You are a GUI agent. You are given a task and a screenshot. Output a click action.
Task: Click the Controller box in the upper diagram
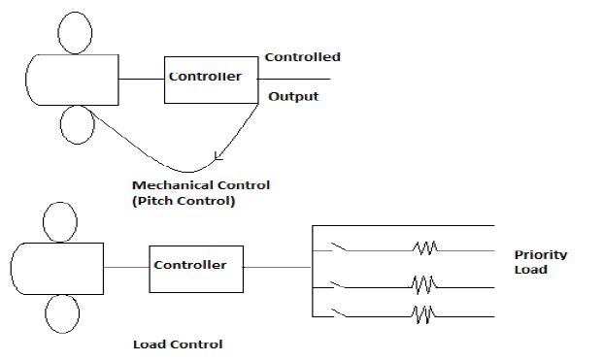[205, 77]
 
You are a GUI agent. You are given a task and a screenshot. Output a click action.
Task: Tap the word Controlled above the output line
[302, 57]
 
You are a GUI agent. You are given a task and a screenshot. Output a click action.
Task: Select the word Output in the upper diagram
[293, 97]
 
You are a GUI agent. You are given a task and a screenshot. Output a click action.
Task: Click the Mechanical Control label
[201, 185]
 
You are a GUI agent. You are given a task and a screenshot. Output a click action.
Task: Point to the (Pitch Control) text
[184, 202]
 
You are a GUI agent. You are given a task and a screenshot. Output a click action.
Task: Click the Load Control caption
[178, 344]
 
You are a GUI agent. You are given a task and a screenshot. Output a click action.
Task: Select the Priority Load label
[541, 262]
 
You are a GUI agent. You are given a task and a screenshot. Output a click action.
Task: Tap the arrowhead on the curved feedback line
[218, 156]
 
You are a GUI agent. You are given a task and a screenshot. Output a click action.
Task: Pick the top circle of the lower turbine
[62, 221]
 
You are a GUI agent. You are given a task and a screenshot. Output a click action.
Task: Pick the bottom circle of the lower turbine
[62, 315]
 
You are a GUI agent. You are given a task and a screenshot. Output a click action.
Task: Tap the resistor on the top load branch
[424, 249]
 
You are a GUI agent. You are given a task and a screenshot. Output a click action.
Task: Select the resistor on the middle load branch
[423, 285]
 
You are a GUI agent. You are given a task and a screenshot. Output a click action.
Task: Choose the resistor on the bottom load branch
[423, 313]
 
